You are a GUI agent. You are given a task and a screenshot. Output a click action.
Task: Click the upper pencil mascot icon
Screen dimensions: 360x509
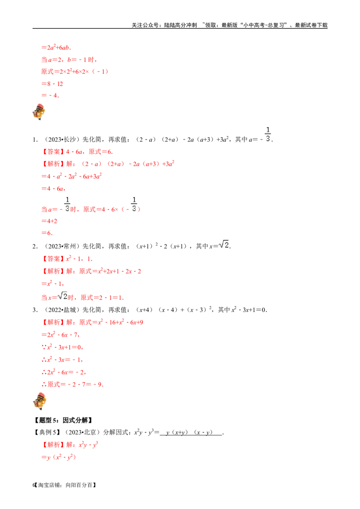point(39,112)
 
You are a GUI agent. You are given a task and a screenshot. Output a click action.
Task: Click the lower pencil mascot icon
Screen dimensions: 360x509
point(40,401)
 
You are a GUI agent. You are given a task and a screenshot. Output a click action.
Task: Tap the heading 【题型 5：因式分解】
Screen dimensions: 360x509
point(63,420)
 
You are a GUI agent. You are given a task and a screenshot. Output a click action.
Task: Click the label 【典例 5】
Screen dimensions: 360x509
point(47,433)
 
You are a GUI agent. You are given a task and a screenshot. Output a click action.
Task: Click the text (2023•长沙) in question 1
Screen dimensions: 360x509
point(62,139)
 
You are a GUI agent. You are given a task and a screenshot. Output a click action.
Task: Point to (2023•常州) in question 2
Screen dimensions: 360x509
point(62,246)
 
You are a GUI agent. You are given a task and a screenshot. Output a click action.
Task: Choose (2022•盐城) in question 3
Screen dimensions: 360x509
point(62,310)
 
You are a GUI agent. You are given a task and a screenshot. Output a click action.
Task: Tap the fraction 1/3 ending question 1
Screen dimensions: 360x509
point(268,134)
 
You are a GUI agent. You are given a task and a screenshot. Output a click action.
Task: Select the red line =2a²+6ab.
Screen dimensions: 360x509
point(56,47)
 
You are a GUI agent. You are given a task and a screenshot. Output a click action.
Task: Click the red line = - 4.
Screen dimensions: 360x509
point(50,95)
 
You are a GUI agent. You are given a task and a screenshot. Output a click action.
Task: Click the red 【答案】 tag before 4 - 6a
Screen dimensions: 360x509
point(53,152)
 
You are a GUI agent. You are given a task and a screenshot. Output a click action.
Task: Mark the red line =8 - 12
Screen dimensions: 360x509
point(52,84)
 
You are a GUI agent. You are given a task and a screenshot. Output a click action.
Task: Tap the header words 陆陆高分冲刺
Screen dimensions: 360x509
point(180,25)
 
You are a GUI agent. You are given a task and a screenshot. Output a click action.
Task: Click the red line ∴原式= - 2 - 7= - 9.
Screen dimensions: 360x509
point(72,384)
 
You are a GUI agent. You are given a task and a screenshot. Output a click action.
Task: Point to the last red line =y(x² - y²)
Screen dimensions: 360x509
point(58,457)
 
